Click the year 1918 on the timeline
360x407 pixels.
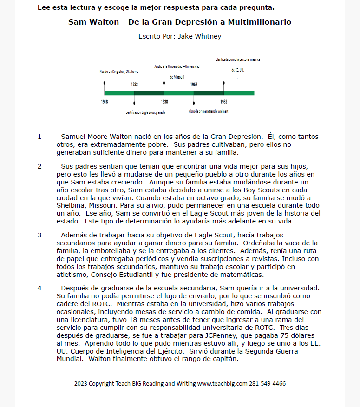tap(105, 101)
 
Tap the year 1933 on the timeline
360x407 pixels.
tap(134, 85)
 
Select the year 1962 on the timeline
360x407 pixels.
tap(194, 85)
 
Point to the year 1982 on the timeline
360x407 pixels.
tap(223, 101)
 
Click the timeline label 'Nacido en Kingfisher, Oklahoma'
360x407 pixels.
tap(119, 72)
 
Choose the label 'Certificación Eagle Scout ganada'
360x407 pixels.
tap(145, 112)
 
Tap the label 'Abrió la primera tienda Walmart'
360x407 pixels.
tap(209, 112)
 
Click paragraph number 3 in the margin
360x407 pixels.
tap(39, 235)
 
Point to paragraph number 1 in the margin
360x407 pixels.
tap(39, 137)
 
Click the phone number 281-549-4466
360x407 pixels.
tap(269, 384)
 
